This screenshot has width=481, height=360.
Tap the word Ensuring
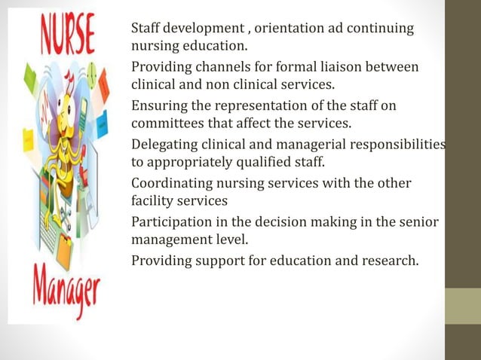(x=158, y=106)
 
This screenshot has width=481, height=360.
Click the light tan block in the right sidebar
(x=462, y=306)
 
